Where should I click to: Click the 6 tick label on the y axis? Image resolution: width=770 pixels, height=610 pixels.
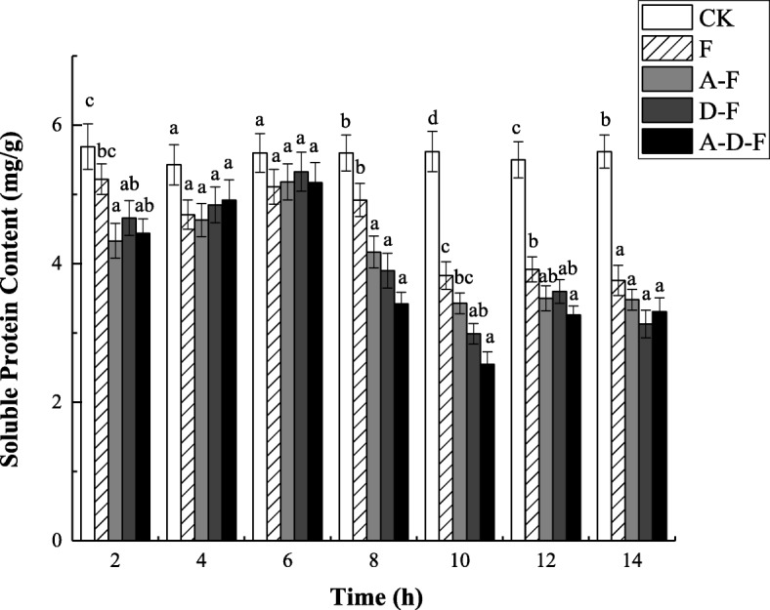pos(56,126)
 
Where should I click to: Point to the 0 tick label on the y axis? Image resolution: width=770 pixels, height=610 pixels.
pos(56,541)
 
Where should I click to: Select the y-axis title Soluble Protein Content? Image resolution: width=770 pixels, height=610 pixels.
pos(17,299)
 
